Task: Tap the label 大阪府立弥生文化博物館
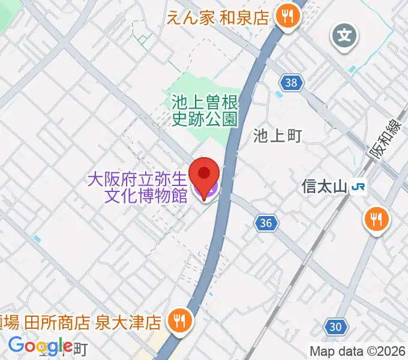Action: (x=138, y=187)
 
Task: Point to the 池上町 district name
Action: (x=276, y=136)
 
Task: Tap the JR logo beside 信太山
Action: (x=359, y=187)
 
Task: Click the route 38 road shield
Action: (x=290, y=82)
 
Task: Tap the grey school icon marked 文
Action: (x=345, y=35)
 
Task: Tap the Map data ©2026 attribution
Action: (x=358, y=350)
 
